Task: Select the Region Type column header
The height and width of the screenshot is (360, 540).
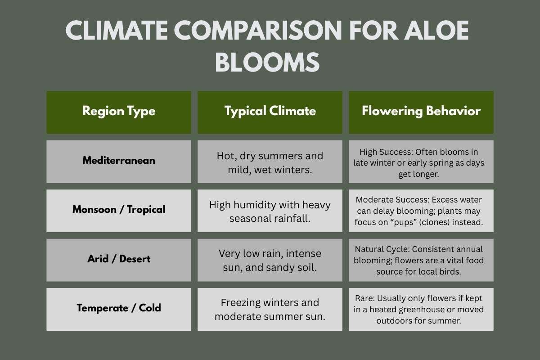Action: pos(119,112)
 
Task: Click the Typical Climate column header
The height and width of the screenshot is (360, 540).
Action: pos(270,112)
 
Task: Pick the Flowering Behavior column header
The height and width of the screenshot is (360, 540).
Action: pos(421,112)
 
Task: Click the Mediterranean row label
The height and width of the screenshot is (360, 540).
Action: pos(119,160)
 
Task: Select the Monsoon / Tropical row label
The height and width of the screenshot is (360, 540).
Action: pos(119,209)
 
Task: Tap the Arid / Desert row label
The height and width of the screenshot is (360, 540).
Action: pos(119,259)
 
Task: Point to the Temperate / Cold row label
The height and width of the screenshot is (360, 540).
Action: pos(119,308)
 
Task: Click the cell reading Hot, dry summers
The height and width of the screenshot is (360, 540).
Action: pos(270,162)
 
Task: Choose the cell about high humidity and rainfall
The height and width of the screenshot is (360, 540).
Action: pos(270,211)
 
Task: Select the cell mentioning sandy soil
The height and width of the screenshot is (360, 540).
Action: pos(270,260)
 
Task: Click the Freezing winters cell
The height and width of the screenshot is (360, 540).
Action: pos(270,309)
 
